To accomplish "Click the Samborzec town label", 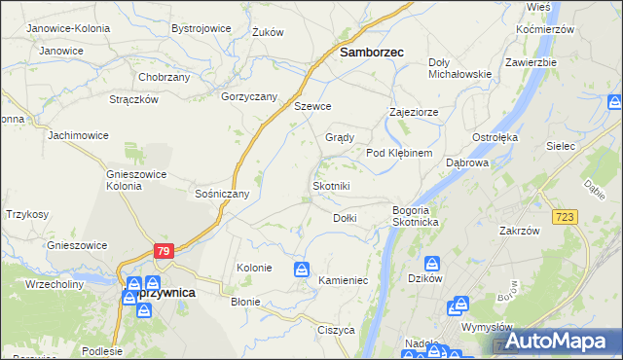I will (371, 54).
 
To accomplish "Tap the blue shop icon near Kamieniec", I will (303, 268).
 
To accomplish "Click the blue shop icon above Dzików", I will (433, 263).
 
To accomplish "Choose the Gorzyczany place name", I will (250, 96).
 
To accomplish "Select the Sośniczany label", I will (223, 194).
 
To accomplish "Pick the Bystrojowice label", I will (202, 28).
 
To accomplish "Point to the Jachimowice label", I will (78, 135).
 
